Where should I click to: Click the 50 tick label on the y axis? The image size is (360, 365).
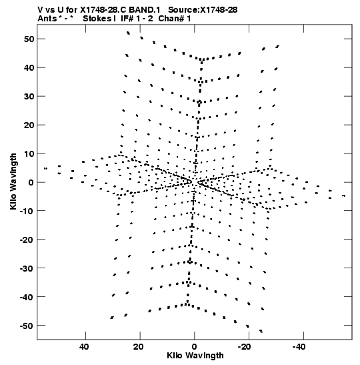coord(29,39)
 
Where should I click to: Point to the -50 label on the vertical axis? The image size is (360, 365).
coord(27,326)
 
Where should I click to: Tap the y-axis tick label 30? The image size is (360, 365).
coord(29,96)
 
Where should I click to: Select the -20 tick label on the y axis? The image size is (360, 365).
coord(27,240)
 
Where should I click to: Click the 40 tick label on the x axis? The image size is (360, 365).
coord(84,347)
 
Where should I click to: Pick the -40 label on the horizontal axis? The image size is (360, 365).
coord(299,347)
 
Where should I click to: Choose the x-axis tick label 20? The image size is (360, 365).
coord(139,347)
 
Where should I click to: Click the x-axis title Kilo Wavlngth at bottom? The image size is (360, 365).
coord(195,356)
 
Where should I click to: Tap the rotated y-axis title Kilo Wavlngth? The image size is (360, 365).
coord(13,181)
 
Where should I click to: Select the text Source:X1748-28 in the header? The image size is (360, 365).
coord(203,10)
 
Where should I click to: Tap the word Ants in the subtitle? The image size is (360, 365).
coord(47,19)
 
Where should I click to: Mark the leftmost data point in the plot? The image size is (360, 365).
coord(45,168)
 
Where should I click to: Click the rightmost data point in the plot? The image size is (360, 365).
coord(344,196)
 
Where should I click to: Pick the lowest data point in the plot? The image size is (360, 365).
coord(261,331)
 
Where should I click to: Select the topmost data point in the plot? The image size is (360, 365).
coord(128,33)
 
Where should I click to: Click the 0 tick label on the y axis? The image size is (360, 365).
coord(31,183)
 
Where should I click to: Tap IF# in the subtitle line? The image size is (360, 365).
coord(127,19)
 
